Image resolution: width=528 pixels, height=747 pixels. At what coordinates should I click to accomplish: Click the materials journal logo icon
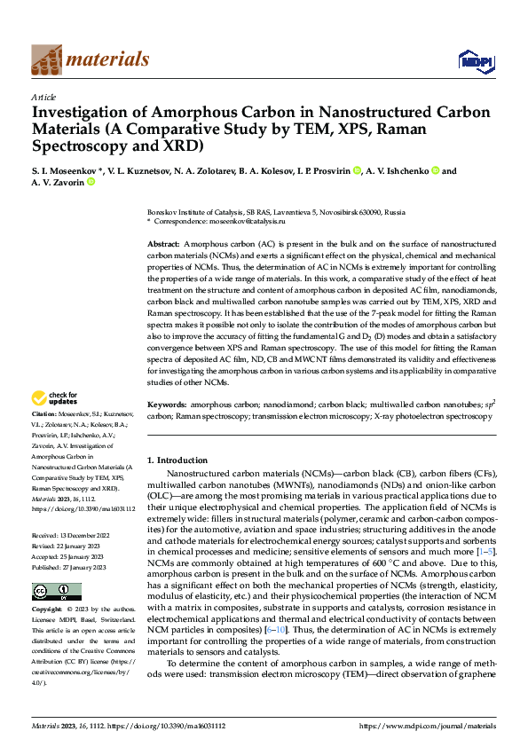coord(47,59)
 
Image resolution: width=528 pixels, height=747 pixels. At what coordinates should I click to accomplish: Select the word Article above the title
coord(43,97)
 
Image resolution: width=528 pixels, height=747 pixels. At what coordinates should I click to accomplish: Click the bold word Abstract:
coord(164,242)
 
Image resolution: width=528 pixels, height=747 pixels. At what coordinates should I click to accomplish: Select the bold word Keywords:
coord(167,404)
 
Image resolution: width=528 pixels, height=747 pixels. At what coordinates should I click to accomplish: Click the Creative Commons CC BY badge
coord(57,591)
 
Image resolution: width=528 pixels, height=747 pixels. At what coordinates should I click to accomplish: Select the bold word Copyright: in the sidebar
coord(48,610)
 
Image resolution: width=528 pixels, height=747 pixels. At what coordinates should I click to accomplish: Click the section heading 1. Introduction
coord(177,460)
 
